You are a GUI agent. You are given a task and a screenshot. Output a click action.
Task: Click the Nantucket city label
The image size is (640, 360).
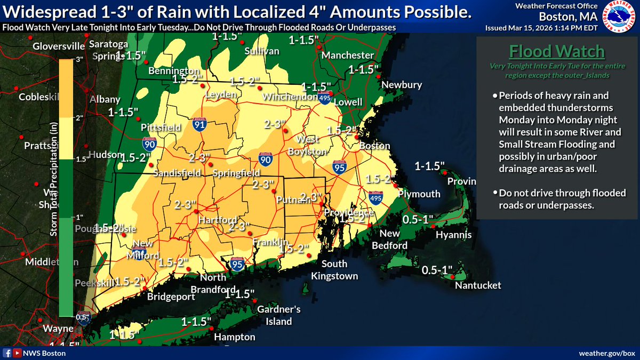coord(478,285)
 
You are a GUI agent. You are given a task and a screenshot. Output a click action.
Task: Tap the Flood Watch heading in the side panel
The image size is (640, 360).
coord(557,52)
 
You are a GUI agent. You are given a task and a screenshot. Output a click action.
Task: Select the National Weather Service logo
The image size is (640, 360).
coord(620,18)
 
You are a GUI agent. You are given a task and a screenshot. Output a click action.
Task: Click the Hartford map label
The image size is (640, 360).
coord(217,220)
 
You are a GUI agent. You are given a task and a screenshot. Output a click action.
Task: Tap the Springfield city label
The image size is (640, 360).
coord(236,173)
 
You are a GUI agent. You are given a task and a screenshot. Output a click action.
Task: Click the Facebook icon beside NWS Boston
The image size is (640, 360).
coord(7,353)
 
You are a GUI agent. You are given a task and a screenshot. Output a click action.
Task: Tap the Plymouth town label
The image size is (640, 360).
coord(419,194)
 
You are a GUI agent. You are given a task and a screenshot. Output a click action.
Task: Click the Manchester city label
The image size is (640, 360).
coord(350,55)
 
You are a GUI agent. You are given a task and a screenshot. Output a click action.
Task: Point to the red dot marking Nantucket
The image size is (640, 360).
coord(452,277)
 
